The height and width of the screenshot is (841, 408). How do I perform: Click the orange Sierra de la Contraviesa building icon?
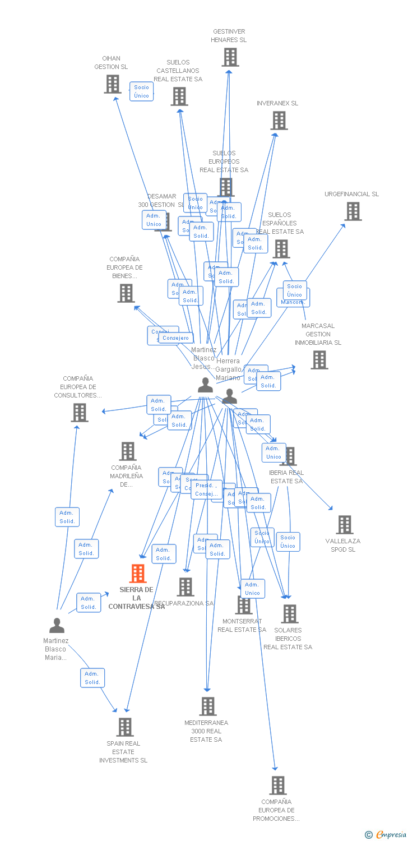(x=138, y=574)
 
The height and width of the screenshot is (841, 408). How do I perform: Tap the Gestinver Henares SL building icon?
(x=230, y=57)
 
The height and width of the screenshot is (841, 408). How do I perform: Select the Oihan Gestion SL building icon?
(x=113, y=84)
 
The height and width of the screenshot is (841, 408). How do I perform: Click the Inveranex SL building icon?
(x=279, y=121)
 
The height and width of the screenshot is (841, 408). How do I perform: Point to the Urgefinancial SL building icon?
(x=353, y=211)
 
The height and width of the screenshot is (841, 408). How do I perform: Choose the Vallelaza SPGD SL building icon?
(x=344, y=525)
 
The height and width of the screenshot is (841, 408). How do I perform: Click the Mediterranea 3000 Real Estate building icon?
(x=207, y=706)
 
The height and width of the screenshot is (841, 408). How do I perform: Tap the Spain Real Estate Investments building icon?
(x=124, y=727)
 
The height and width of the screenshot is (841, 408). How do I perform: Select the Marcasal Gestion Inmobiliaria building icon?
(x=319, y=360)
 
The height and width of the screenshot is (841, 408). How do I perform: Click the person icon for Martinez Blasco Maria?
(x=57, y=625)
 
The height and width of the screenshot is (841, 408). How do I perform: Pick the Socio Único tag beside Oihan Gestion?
(x=142, y=91)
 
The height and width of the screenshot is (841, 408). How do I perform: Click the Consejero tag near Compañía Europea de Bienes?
(x=176, y=338)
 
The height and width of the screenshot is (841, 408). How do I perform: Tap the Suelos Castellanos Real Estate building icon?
(x=179, y=96)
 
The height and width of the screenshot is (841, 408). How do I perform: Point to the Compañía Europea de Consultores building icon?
(x=80, y=413)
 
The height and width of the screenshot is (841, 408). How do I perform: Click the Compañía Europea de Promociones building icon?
(x=277, y=785)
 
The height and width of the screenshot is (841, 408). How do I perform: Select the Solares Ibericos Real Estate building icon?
(x=289, y=614)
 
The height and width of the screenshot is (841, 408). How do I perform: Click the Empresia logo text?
(x=391, y=835)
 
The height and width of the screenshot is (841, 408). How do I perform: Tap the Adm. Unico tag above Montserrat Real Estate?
(x=253, y=589)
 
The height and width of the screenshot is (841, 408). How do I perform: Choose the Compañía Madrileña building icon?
(x=128, y=451)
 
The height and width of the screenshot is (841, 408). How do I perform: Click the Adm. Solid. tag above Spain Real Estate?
(x=92, y=678)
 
